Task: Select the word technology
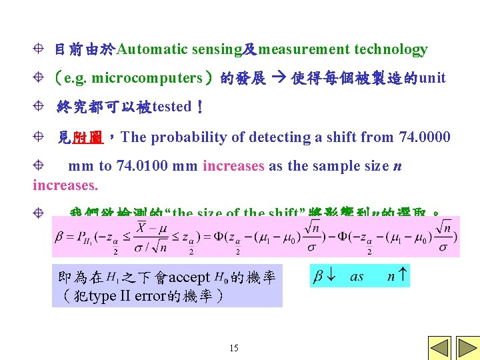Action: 391,49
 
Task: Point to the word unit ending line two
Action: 432,78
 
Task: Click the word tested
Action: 172,107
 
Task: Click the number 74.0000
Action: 424,137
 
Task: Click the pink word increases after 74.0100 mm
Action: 233,166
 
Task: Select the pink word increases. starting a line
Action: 65,185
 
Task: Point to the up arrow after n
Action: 403,276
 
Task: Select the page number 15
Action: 233,348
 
